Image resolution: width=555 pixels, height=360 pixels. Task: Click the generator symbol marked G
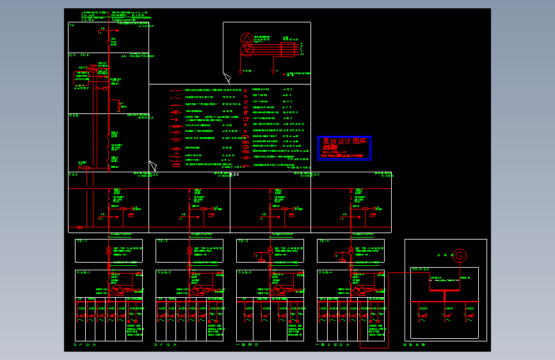[x=459, y=256]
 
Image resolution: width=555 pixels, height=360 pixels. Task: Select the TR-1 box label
[x=82, y=241]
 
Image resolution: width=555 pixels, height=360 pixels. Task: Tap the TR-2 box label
[x=163, y=241]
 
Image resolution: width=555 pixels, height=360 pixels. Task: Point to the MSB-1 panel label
[x=83, y=272]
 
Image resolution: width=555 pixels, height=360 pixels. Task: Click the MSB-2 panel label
[x=164, y=272]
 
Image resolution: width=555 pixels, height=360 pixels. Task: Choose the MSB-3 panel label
[x=245, y=272]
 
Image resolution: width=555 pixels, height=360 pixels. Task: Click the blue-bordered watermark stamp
[x=344, y=148]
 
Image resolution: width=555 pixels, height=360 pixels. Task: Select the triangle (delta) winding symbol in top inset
[x=246, y=39]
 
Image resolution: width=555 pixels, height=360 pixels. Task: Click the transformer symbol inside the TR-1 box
[x=109, y=250]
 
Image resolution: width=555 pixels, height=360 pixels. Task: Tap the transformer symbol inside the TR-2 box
[x=189, y=250]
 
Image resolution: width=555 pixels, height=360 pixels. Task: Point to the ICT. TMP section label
[x=79, y=56]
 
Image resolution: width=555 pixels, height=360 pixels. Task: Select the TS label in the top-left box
[x=72, y=25]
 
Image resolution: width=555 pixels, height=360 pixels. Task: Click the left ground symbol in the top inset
[x=241, y=70]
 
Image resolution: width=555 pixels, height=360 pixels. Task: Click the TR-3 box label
[x=243, y=241]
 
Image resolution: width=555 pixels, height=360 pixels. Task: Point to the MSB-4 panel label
[x=325, y=272]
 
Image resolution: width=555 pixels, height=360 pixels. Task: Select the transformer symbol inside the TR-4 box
[x=351, y=250]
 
